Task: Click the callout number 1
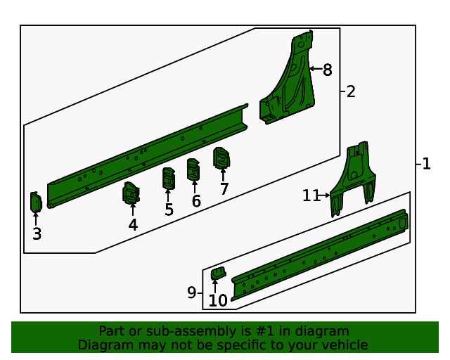[427, 164]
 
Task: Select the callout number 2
[351, 91]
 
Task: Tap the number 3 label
[37, 233]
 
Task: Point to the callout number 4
[133, 225]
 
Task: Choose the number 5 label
[169, 210]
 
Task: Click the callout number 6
[196, 200]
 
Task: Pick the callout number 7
[224, 188]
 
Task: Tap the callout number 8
[328, 70]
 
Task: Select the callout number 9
[191, 292]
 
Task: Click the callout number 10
[218, 300]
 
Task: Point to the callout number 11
[311, 195]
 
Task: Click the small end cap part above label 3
[36, 202]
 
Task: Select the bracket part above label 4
[131, 193]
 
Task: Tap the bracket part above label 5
[169, 179]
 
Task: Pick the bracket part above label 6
[193, 169]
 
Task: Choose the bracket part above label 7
[221, 158]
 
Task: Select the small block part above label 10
[219, 273]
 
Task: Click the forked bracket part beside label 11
[353, 179]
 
